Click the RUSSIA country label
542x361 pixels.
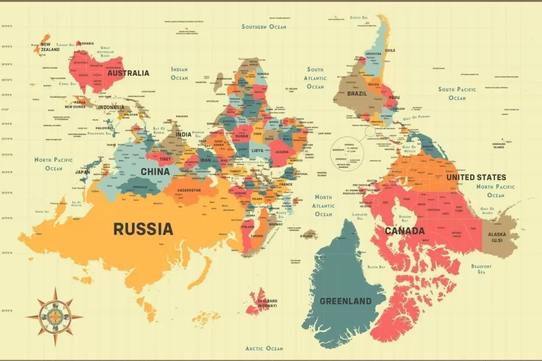(143, 229)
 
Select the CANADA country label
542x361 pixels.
(405, 230)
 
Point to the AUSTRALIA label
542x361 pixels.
(128, 73)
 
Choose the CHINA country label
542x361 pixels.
(155, 171)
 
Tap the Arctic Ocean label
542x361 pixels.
(264, 348)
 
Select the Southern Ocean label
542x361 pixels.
(264, 26)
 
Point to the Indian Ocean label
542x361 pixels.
(179, 73)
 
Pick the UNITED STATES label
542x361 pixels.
(476, 177)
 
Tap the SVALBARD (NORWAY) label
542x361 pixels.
(267, 303)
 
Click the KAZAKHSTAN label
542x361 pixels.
(189, 190)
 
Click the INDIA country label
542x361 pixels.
(184, 134)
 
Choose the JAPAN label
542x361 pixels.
(83, 171)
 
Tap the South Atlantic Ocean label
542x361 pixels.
(315, 78)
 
